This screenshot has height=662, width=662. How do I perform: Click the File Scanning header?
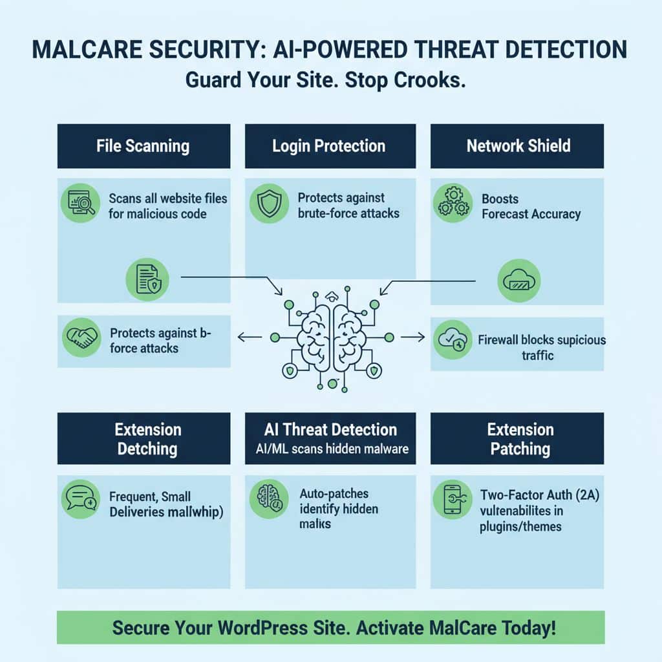(x=143, y=145)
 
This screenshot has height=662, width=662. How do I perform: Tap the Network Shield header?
(x=518, y=145)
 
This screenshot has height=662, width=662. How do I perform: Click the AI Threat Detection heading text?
(x=330, y=429)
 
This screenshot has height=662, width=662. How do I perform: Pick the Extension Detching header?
(x=148, y=439)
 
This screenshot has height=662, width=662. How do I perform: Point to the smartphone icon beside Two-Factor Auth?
(x=452, y=499)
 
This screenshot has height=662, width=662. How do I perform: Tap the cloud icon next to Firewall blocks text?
(x=452, y=339)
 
